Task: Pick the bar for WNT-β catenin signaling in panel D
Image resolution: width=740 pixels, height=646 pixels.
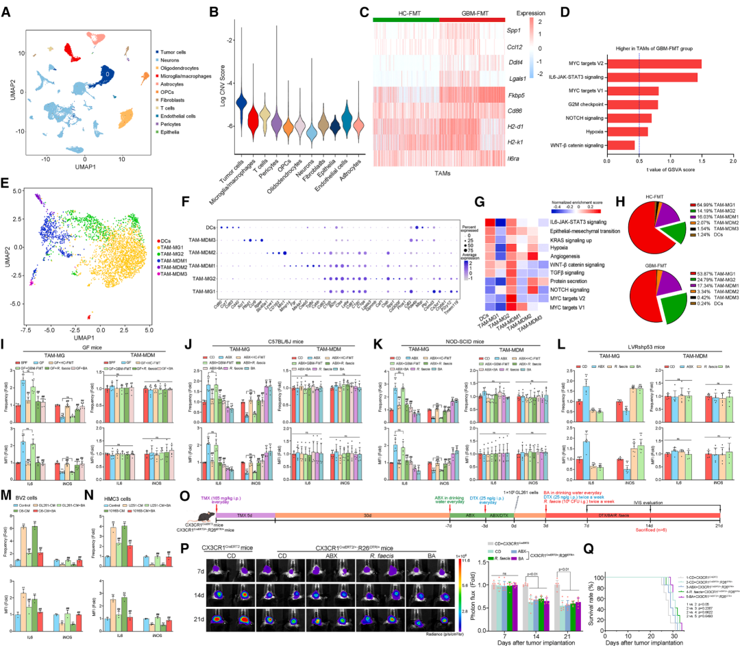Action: coord(621,145)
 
